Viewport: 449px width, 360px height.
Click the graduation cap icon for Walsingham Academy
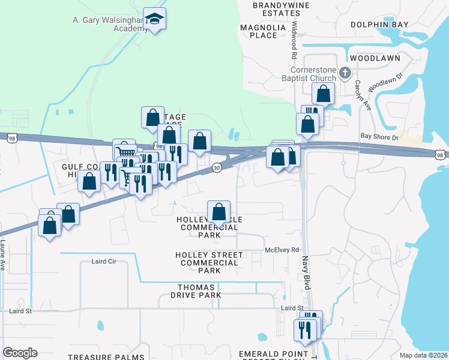pos(155,19)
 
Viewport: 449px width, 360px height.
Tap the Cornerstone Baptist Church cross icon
pos(345,73)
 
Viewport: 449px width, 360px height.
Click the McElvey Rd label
pos(282,250)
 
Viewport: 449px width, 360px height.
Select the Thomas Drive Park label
pos(190,291)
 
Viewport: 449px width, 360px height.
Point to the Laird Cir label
pos(103,262)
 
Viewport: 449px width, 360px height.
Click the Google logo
pos(20,353)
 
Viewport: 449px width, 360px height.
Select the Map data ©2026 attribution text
pos(424,355)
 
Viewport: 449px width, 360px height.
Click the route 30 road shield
pos(216,168)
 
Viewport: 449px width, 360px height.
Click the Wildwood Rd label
pos(294,40)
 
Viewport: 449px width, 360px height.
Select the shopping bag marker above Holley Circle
pos(218,211)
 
